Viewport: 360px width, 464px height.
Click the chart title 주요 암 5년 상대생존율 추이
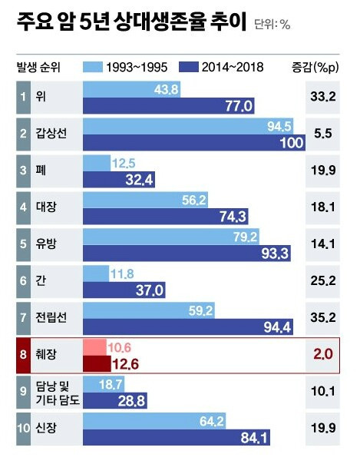130,22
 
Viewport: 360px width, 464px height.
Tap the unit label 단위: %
272,25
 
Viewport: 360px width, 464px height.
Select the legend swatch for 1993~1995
97,67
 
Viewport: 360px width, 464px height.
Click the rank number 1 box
23,97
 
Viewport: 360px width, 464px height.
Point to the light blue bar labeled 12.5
96,163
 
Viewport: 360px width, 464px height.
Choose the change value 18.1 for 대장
322,208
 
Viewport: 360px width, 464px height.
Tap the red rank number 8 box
23,355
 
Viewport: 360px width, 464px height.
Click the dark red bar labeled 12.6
97,363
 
